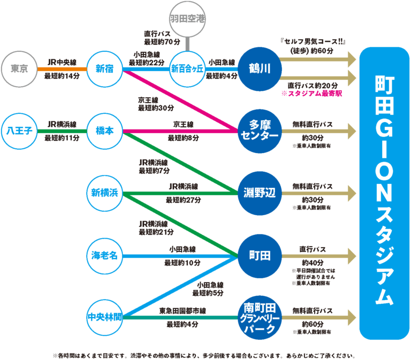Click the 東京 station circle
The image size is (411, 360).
tap(20, 69)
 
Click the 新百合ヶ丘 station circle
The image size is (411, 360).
tap(187, 69)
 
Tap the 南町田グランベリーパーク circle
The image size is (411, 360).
tap(260, 317)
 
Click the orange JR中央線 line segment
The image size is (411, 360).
tap(62, 69)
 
